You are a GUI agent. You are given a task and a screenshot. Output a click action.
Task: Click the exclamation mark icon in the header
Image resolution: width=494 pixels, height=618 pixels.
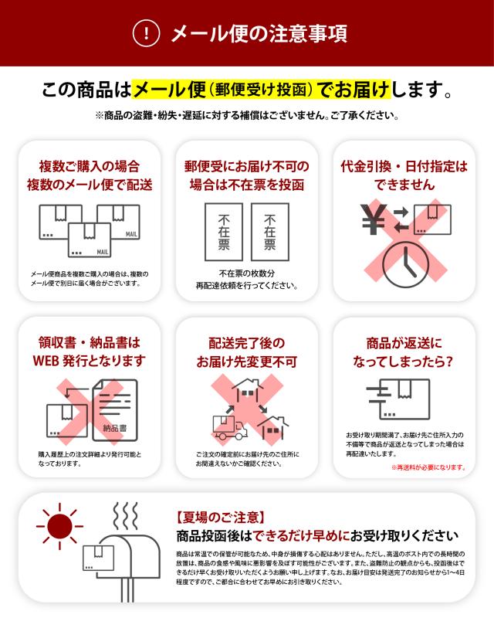[147, 33]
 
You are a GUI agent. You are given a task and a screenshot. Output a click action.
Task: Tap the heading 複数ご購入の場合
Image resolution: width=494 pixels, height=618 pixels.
[90, 166]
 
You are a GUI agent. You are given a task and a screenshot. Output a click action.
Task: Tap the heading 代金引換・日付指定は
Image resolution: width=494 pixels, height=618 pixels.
[404, 166]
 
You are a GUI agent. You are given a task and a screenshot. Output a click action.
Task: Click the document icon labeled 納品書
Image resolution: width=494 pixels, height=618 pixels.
[114, 410]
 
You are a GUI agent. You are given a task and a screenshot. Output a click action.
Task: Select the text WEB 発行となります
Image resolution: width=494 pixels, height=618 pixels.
[90, 361]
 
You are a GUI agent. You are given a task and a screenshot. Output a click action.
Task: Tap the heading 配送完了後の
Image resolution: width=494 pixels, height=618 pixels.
[246, 342]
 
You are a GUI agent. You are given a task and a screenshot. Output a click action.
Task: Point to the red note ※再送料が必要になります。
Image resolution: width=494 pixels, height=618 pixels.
[428, 467]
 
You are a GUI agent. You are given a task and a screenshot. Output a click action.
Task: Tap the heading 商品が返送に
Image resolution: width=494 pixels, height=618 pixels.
[404, 342]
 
